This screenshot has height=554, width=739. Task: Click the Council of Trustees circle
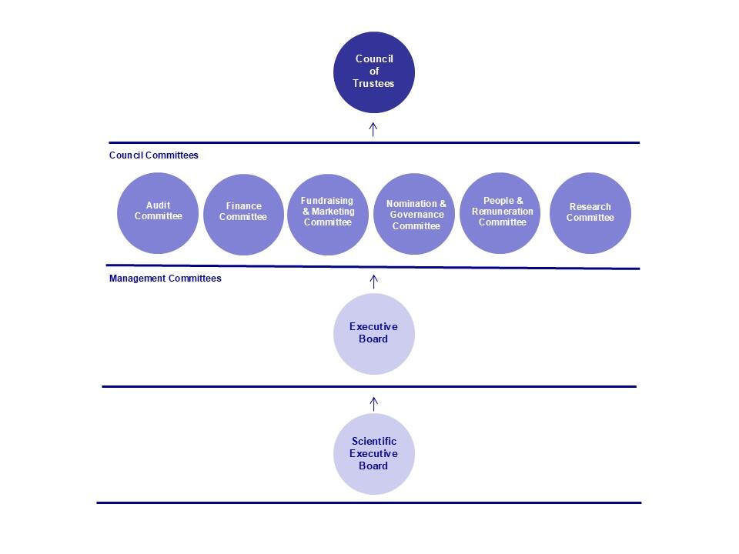[373, 72]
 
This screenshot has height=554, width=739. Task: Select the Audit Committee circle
[158, 212]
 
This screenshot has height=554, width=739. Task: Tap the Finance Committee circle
[243, 214]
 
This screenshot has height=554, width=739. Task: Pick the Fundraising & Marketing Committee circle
[327, 214]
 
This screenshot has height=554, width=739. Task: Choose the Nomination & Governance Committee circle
[416, 214]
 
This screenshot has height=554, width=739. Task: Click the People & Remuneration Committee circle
[502, 212]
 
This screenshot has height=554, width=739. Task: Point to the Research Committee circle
[590, 212]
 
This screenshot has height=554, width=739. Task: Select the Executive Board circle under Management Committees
[373, 333]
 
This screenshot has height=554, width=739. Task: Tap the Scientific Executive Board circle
[373, 454]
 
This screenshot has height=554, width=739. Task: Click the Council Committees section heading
[154, 155]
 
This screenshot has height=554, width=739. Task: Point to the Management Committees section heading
[165, 279]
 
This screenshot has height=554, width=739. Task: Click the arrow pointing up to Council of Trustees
[373, 128]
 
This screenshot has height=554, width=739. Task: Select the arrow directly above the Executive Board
[374, 281]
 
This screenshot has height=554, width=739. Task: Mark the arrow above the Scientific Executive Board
[374, 403]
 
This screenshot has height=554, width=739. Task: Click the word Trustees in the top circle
[373, 83]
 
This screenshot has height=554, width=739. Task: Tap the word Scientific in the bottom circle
[373, 442]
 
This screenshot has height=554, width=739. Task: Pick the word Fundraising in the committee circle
[327, 201]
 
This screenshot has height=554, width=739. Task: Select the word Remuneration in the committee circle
[502, 212]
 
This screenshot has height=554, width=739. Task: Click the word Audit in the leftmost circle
[158, 205]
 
